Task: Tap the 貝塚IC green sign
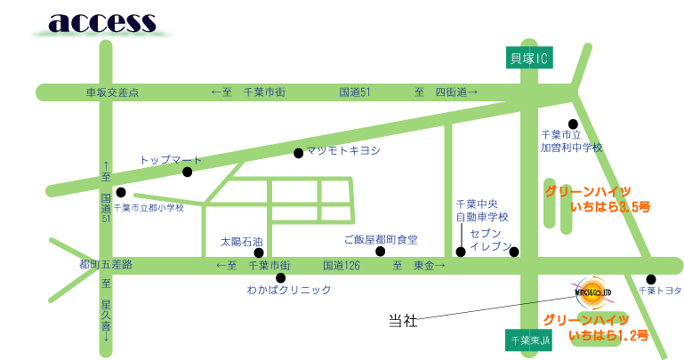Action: pos(529,59)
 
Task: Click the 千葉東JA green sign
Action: pos(529,340)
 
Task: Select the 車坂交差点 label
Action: pos(112,92)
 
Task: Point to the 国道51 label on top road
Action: pos(354,92)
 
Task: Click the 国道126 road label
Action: pos(341,265)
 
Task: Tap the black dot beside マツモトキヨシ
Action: pos(298,153)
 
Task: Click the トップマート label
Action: pos(171,160)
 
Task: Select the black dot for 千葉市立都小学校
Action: pos(120,191)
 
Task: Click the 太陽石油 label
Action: pos(242,241)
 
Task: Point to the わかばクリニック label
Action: pos(289,290)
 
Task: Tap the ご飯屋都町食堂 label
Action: pos(381,240)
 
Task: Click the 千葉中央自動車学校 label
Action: pos(482,211)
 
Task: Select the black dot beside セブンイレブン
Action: pos(514,252)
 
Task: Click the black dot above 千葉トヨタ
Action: pos(650,278)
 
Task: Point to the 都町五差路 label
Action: pos(105,265)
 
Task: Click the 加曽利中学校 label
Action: pos(572,148)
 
